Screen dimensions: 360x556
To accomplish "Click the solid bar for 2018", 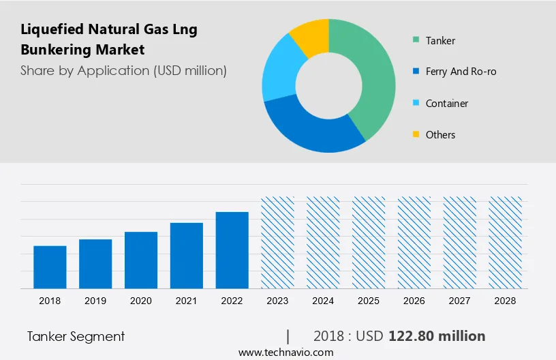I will pos(50,267).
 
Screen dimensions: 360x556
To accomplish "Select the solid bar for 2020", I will pos(141,260).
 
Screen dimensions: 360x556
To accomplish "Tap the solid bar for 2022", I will pos(232,250).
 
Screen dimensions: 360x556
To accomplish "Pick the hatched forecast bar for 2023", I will pos(277,242).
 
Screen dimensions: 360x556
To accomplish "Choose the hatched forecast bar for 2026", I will pos(414,242).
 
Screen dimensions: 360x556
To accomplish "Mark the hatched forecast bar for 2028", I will pos(506,242).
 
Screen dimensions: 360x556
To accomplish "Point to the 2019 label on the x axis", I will pos(95,301).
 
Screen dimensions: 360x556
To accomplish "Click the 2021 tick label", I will pos(187,301).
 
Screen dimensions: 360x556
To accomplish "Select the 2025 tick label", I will pos(369,301).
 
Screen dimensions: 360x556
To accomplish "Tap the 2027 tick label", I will pos(460,301).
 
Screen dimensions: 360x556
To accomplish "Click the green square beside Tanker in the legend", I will pos(415,40).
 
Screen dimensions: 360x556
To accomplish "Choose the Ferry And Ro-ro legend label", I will pos(461,72).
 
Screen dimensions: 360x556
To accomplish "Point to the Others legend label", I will pos(440,134).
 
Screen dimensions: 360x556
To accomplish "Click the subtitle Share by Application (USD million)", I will pos(123,70).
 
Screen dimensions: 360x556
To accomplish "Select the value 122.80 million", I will pos(437,335).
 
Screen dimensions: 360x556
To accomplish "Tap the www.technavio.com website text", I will pos(285,352).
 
